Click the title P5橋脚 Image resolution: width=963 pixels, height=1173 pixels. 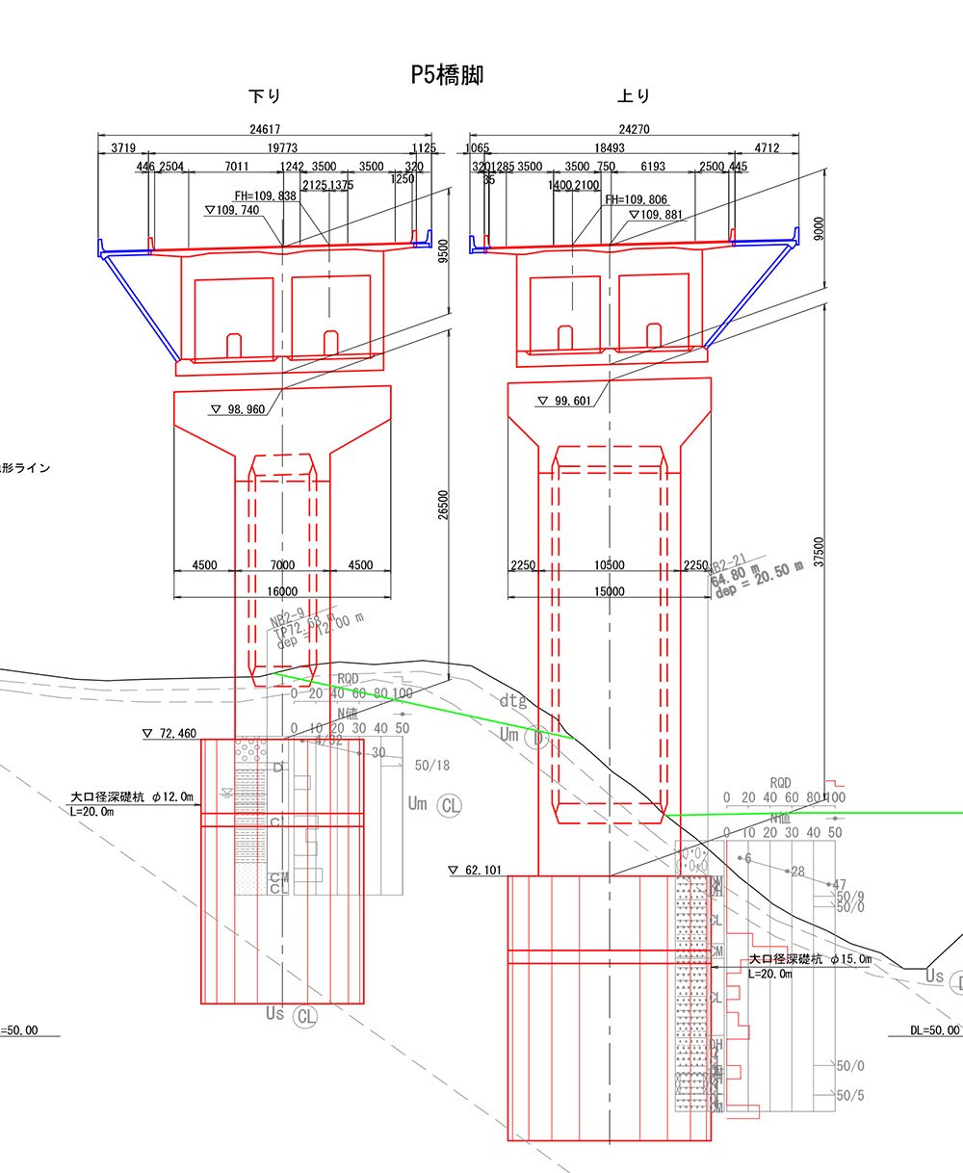click(447, 75)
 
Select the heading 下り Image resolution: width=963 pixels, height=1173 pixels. click(265, 96)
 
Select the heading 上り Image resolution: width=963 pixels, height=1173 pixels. click(634, 96)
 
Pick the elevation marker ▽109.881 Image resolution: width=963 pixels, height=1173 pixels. click(656, 215)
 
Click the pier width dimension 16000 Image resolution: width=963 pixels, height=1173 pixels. click(281, 591)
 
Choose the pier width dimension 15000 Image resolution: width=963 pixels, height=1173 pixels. click(610, 591)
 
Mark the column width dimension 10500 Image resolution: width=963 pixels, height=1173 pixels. click(610, 566)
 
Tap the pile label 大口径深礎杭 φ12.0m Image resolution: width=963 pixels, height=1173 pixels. click(132, 797)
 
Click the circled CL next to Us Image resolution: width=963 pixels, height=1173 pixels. click(306, 1015)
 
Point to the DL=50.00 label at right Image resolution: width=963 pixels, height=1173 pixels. click(934, 1030)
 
